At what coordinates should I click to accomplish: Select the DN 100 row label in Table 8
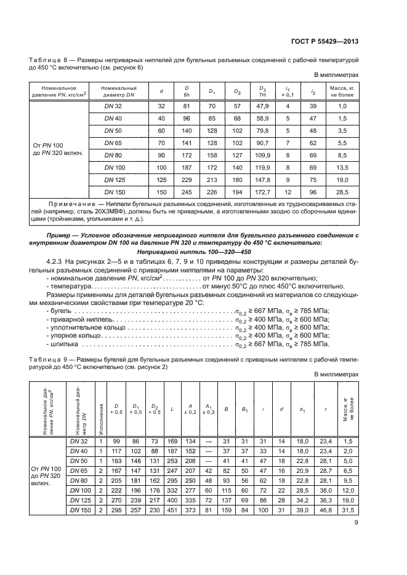pos(114,167)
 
